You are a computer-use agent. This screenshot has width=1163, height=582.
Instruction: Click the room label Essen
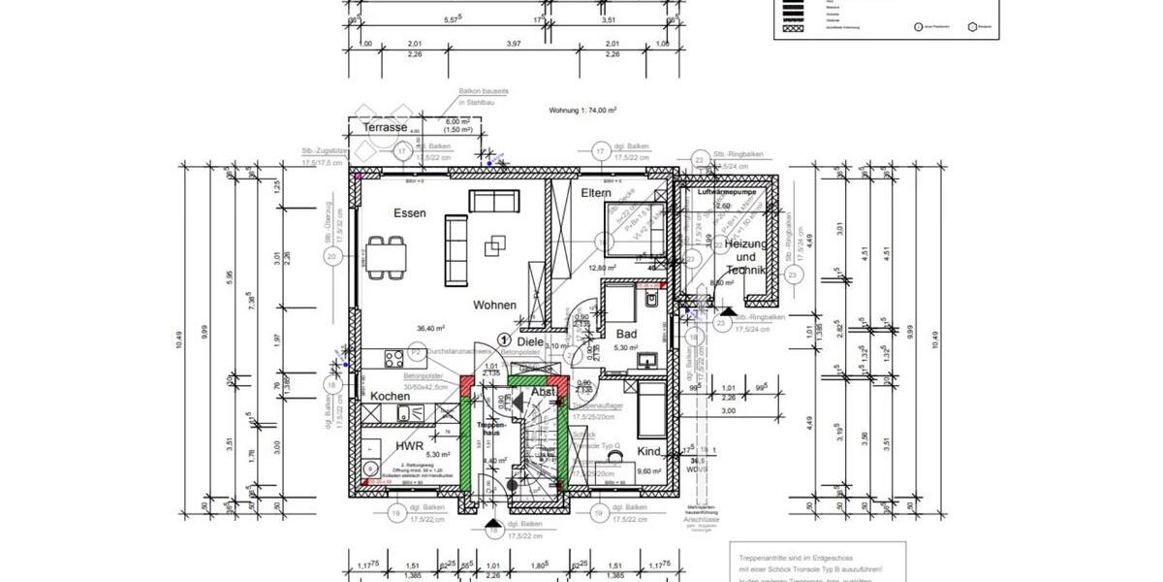(x=409, y=212)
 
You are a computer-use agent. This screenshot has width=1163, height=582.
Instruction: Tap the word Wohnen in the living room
(x=494, y=305)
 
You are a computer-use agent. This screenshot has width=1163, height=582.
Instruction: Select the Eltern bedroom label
(x=595, y=194)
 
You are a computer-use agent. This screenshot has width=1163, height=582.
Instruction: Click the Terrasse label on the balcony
(x=385, y=128)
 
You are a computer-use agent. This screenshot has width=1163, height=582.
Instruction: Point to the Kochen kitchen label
(x=390, y=396)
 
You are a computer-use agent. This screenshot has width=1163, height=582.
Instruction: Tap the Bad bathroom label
(x=626, y=334)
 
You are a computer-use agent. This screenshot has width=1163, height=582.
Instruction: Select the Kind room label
(x=649, y=452)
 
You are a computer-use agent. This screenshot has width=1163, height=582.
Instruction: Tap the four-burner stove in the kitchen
(x=394, y=358)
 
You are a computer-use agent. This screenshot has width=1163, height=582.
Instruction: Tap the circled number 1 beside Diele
(x=504, y=339)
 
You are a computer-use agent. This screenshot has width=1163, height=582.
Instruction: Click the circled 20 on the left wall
(x=331, y=257)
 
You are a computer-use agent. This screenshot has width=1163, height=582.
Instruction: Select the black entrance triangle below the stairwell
(x=494, y=520)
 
